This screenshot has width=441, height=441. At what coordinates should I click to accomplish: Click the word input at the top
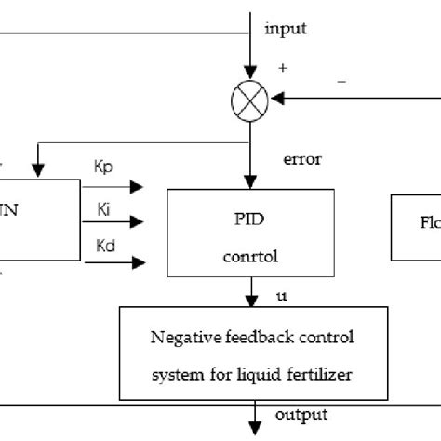point(286,29)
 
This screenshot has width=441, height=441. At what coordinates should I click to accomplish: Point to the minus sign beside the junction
point(341,81)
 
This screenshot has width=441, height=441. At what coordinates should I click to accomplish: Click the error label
point(301,158)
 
